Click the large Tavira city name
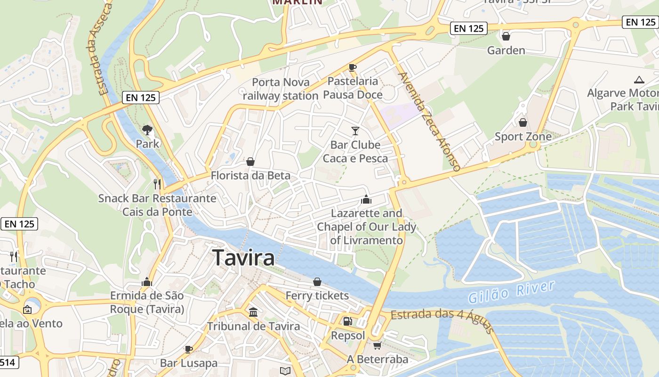click(243, 258)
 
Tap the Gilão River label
click(511, 291)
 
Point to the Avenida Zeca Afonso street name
click(428, 121)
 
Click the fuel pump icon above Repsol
click(348, 322)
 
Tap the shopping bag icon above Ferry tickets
click(317, 282)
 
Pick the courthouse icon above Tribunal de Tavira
click(253, 312)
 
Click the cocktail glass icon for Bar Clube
click(355, 131)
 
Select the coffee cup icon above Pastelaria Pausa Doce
click(353, 67)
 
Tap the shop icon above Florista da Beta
click(250, 162)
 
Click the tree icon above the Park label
click(147, 130)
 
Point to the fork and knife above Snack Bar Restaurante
click(157, 184)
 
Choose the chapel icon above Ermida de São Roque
click(147, 282)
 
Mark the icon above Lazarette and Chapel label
click(366, 199)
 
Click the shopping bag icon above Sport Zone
click(522, 123)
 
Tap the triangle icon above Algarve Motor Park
click(639, 80)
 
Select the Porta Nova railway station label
click(281, 89)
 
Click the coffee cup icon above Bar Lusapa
click(188, 349)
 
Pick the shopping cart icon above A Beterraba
click(377, 346)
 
